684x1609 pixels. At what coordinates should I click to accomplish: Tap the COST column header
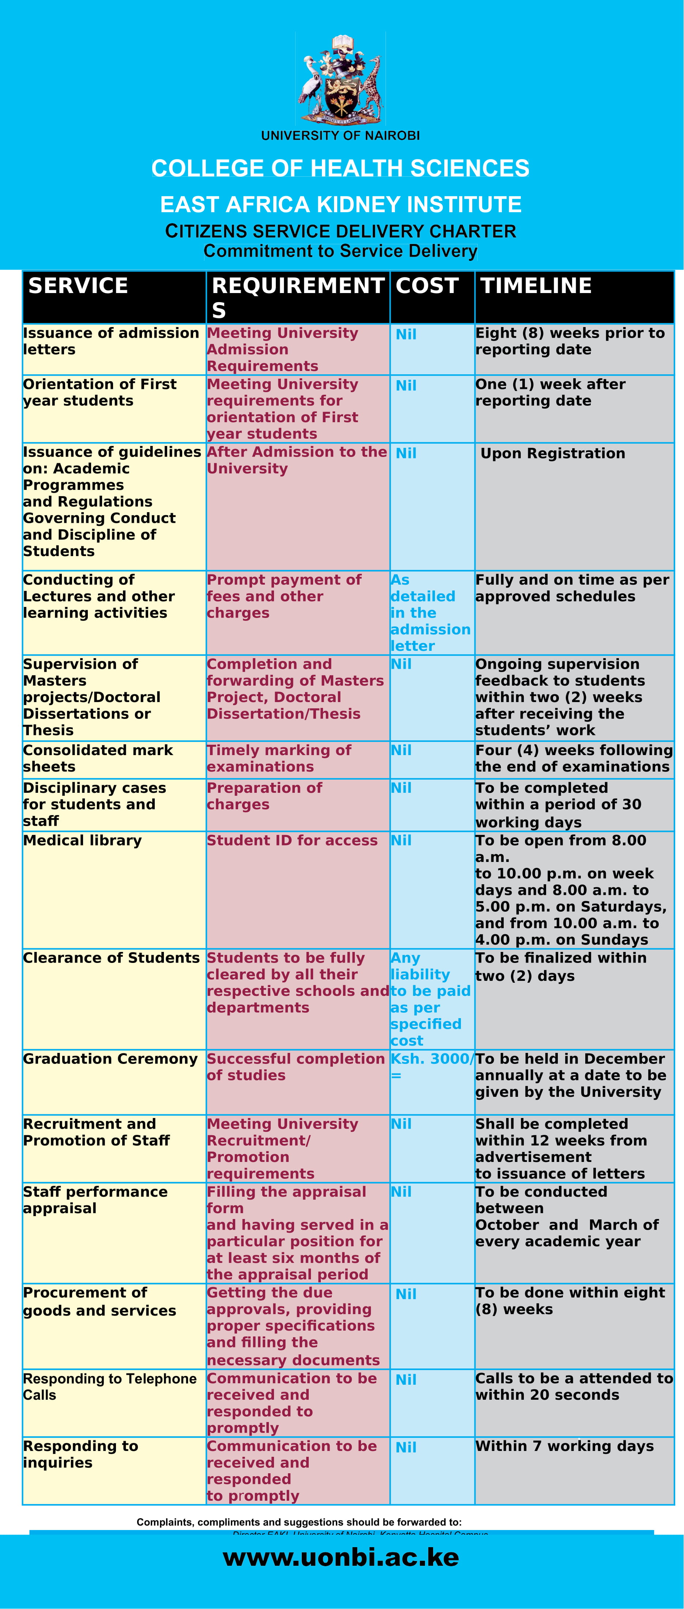[427, 286]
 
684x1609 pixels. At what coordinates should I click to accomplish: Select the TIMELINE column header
[536, 286]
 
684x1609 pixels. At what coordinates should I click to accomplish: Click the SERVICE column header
[78, 286]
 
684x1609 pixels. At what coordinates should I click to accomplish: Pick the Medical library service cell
[82, 841]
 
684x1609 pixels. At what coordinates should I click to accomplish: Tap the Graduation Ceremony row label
[110, 1059]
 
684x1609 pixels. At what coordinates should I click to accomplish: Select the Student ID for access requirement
[292, 841]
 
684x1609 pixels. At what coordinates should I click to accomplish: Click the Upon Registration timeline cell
[553, 453]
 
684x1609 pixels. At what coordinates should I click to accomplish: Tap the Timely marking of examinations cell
[279, 758]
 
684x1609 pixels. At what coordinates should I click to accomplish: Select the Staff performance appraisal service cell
[95, 1200]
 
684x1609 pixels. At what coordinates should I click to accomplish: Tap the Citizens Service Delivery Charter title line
[341, 232]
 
